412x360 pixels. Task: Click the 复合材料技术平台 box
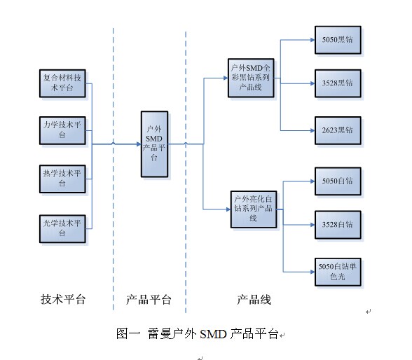(x=62, y=83)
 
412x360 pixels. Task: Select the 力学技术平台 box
(x=62, y=130)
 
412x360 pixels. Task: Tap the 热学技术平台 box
(x=62, y=179)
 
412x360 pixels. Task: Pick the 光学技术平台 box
(x=62, y=229)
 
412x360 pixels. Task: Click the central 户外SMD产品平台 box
(x=154, y=144)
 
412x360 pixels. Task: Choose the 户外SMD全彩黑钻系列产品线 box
(x=251, y=78)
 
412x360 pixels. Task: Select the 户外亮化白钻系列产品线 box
(x=254, y=209)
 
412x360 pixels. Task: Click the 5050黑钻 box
(x=338, y=40)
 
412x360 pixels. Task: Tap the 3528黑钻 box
(x=338, y=83)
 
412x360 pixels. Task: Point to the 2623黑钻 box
(x=338, y=130)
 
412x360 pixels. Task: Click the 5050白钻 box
(x=338, y=181)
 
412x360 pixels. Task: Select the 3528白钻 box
(x=338, y=225)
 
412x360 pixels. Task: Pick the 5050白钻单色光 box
(x=338, y=272)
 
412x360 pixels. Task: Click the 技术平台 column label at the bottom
(x=63, y=299)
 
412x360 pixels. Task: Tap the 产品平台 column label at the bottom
(x=149, y=299)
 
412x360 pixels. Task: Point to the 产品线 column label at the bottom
(x=254, y=299)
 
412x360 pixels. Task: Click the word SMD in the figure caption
(x=213, y=334)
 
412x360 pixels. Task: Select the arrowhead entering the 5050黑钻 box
(x=313, y=40)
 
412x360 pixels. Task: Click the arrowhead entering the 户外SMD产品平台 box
(x=139, y=144)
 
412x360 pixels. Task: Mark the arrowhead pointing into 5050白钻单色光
(x=313, y=272)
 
